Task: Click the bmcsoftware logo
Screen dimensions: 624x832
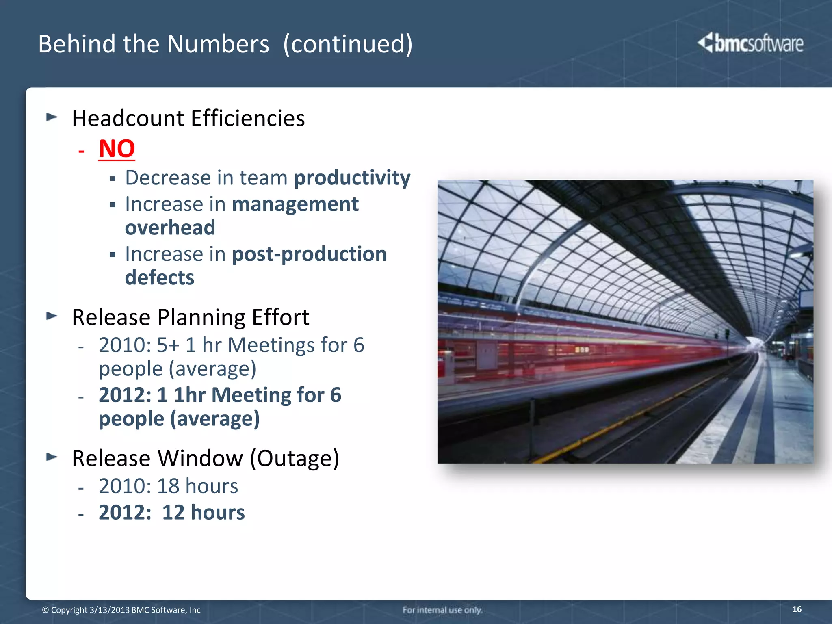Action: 750,43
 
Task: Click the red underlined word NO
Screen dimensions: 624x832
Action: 117,149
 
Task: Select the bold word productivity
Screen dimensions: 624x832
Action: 352,178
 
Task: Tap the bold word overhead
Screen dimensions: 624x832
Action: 170,227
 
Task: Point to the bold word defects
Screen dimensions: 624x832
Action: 160,278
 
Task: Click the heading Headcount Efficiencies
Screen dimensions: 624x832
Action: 188,119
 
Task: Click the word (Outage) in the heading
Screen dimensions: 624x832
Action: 294,458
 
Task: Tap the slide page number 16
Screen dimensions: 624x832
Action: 797,609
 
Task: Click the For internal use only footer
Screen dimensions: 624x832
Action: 442,610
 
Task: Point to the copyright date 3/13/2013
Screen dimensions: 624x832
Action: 109,610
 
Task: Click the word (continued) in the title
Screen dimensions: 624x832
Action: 347,44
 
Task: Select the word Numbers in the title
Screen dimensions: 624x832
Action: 218,44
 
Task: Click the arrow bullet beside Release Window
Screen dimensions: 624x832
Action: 52,457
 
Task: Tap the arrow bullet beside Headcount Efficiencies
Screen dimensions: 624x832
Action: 52,117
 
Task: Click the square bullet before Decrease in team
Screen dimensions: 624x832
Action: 113,178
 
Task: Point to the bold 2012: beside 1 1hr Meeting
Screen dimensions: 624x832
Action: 125,395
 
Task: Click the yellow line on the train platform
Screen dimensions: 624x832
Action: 609,431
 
